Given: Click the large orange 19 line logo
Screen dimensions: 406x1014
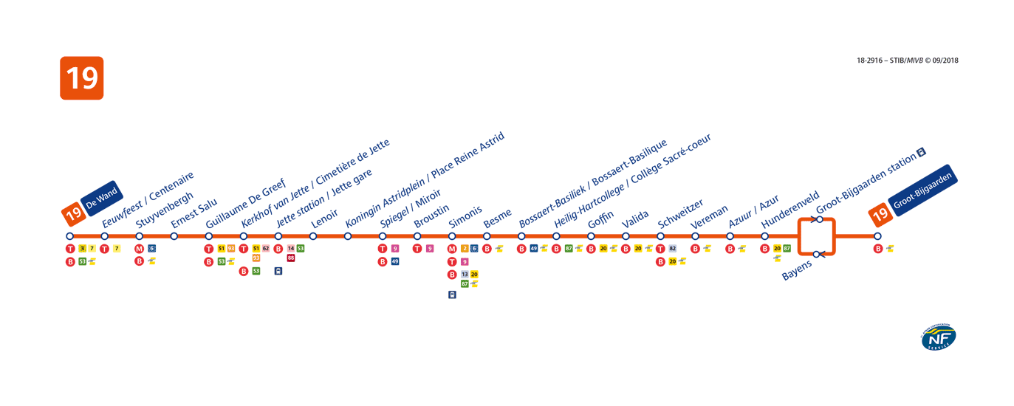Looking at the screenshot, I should click(81, 78).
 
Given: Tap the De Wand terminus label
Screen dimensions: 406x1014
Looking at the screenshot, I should click(102, 198).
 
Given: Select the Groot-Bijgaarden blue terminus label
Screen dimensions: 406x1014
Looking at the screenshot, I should click(924, 193).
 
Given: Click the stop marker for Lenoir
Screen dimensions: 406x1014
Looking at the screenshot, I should click(313, 236).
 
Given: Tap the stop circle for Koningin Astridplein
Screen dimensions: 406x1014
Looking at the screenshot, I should click(348, 236).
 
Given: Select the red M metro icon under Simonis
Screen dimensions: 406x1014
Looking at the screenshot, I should click(452, 249).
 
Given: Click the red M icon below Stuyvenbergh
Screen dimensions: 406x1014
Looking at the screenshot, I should click(140, 249).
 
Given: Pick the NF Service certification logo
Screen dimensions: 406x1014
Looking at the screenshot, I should click(938, 337).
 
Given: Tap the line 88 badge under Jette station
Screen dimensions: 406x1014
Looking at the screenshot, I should click(291, 258).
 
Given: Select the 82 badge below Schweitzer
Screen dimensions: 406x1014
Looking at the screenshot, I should click(672, 249).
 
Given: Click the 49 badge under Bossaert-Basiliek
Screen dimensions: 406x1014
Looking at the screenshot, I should click(534, 249).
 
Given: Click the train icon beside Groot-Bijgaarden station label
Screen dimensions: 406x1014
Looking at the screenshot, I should click(921, 152).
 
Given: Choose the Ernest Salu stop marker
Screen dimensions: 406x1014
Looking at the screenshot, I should click(174, 236).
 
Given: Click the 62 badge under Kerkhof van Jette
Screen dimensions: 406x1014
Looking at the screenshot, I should click(266, 249).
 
